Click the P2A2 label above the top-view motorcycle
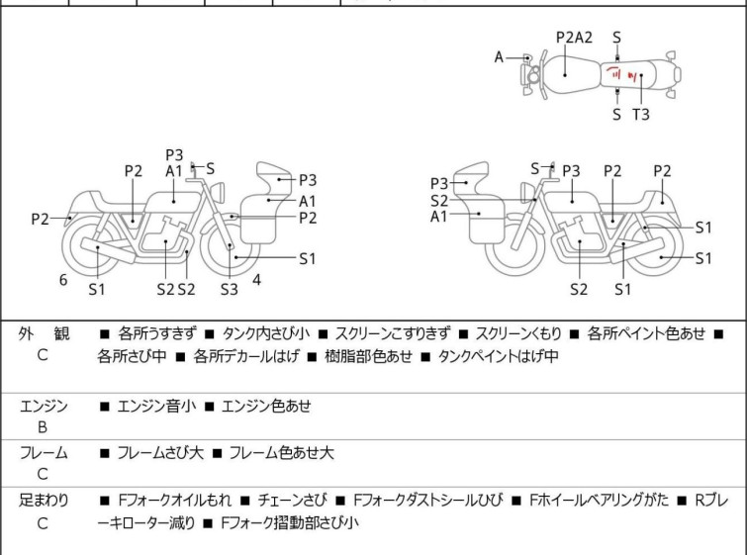574,38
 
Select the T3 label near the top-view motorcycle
641,115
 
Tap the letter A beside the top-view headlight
500,57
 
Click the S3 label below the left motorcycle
229,289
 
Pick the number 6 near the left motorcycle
63,280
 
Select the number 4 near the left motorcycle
256,280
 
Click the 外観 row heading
44,333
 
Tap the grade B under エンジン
43,427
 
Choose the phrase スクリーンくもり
525,333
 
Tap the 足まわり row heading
44,501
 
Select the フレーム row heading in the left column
44,453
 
